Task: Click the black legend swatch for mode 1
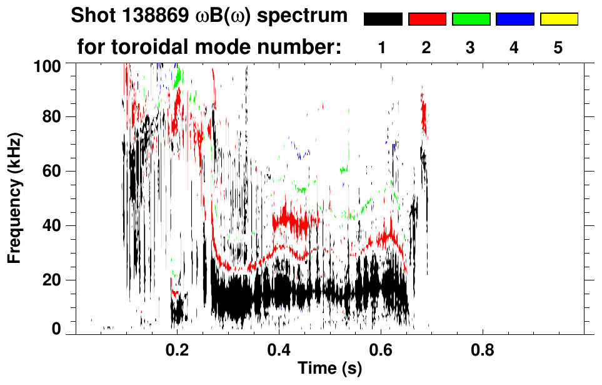pos(383,19)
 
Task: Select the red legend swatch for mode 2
pos(427,19)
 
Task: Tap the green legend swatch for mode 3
pos(471,19)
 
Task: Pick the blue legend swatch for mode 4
pos(514,19)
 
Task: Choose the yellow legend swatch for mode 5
pos(558,19)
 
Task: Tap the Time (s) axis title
pos(329,369)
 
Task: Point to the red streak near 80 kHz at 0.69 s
pos(424,113)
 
